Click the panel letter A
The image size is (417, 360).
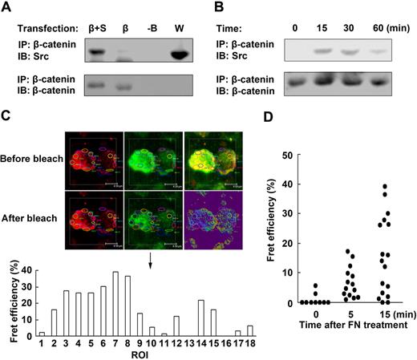click(x=9, y=8)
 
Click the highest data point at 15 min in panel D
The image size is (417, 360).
click(x=386, y=187)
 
